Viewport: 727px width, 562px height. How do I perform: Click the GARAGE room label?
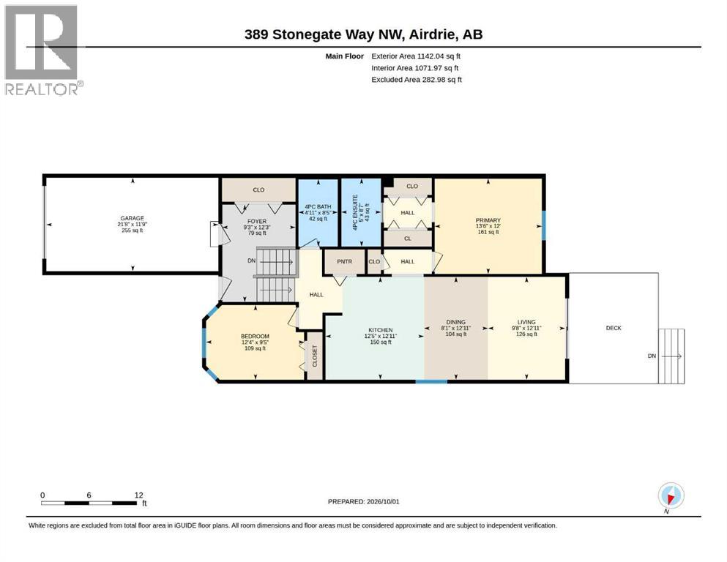click(x=132, y=218)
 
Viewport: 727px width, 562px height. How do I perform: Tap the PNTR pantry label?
click(x=345, y=262)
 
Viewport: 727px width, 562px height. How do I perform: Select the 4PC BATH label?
click(x=318, y=206)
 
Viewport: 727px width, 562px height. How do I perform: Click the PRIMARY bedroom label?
click(x=488, y=220)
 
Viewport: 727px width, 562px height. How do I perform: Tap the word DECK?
click(x=614, y=328)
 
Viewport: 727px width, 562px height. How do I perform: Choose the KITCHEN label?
click(x=381, y=330)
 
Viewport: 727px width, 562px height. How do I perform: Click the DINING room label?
click(x=456, y=322)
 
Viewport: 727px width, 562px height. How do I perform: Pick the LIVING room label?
click(x=526, y=322)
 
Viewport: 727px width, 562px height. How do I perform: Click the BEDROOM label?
click(x=255, y=337)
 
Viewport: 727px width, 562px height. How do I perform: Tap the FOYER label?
click(x=257, y=222)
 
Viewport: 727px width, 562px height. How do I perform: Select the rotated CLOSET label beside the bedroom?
click(x=315, y=356)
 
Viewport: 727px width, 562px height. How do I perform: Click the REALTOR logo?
click(x=43, y=50)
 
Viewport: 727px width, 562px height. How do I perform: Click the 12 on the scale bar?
click(x=138, y=495)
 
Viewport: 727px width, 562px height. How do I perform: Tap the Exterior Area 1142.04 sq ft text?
click(x=416, y=56)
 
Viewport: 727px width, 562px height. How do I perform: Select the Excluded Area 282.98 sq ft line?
click(x=417, y=80)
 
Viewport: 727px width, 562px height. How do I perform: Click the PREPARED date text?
click(x=363, y=501)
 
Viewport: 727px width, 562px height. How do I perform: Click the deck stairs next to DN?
click(x=671, y=356)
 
